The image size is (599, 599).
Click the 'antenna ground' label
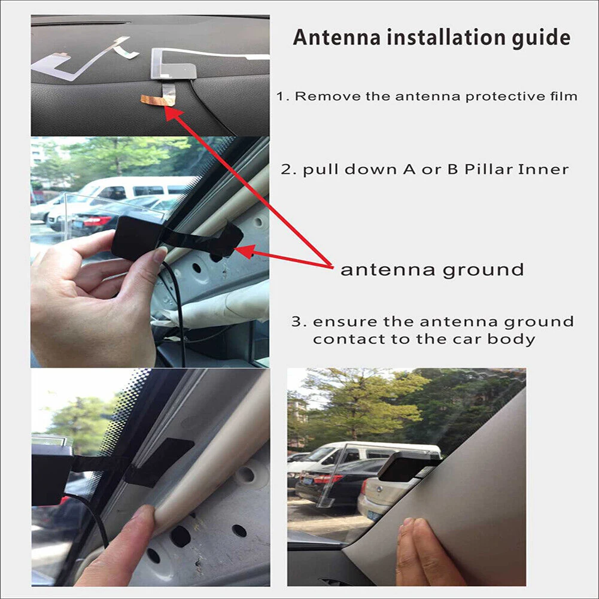pos(431,269)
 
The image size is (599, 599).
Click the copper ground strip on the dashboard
pos(157,99)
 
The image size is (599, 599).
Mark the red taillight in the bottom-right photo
pos(326,479)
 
